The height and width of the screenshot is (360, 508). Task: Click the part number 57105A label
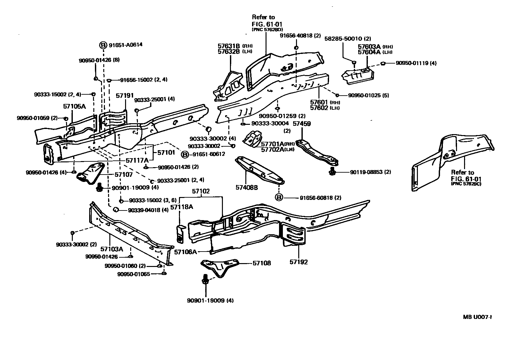click(x=74, y=106)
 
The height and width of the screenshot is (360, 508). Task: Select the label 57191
click(x=125, y=96)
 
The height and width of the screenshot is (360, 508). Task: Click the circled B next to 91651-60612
click(x=185, y=155)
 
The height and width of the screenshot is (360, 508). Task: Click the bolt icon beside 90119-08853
click(x=332, y=172)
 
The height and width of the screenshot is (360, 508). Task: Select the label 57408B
click(x=247, y=187)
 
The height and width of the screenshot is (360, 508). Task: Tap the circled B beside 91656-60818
click(x=279, y=198)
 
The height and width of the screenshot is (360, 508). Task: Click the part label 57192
click(x=299, y=262)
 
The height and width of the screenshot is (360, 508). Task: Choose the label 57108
click(x=262, y=263)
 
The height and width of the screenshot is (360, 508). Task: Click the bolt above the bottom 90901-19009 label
click(x=205, y=280)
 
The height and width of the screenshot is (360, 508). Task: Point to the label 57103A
click(x=111, y=249)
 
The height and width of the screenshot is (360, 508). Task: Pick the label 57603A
click(x=369, y=47)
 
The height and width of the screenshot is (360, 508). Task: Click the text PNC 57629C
click(x=467, y=184)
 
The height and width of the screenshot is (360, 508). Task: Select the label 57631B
click(x=229, y=46)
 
